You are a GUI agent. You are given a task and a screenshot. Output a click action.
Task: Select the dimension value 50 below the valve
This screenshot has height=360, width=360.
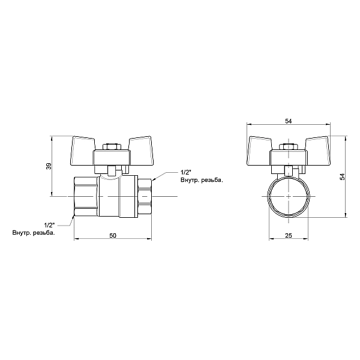pyautogui.click(x=113, y=235)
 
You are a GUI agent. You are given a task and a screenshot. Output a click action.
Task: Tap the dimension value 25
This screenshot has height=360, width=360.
pyautogui.click(x=289, y=236)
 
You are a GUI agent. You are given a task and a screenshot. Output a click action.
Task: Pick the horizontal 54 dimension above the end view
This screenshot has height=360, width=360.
pyautogui.click(x=289, y=121)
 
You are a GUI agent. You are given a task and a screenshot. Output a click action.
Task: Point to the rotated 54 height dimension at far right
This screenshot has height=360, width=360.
pyautogui.click(x=343, y=176)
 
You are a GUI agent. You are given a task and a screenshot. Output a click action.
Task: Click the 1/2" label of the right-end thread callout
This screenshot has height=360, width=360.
pyautogui.click(x=185, y=172)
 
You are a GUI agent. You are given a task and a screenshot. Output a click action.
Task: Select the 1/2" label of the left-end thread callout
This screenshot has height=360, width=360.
pyautogui.click(x=49, y=224)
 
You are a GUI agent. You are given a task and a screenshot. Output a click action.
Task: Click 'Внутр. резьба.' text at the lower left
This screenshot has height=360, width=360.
pyautogui.click(x=34, y=232)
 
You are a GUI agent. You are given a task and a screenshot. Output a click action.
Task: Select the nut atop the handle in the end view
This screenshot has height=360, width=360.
pyautogui.click(x=289, y=146)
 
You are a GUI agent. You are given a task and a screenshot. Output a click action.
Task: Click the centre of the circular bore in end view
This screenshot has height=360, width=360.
pyautogui.click(x=289, y=197)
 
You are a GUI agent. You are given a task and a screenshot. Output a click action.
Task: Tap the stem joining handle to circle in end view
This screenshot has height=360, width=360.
pyautogui.click(x=289, y=172)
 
